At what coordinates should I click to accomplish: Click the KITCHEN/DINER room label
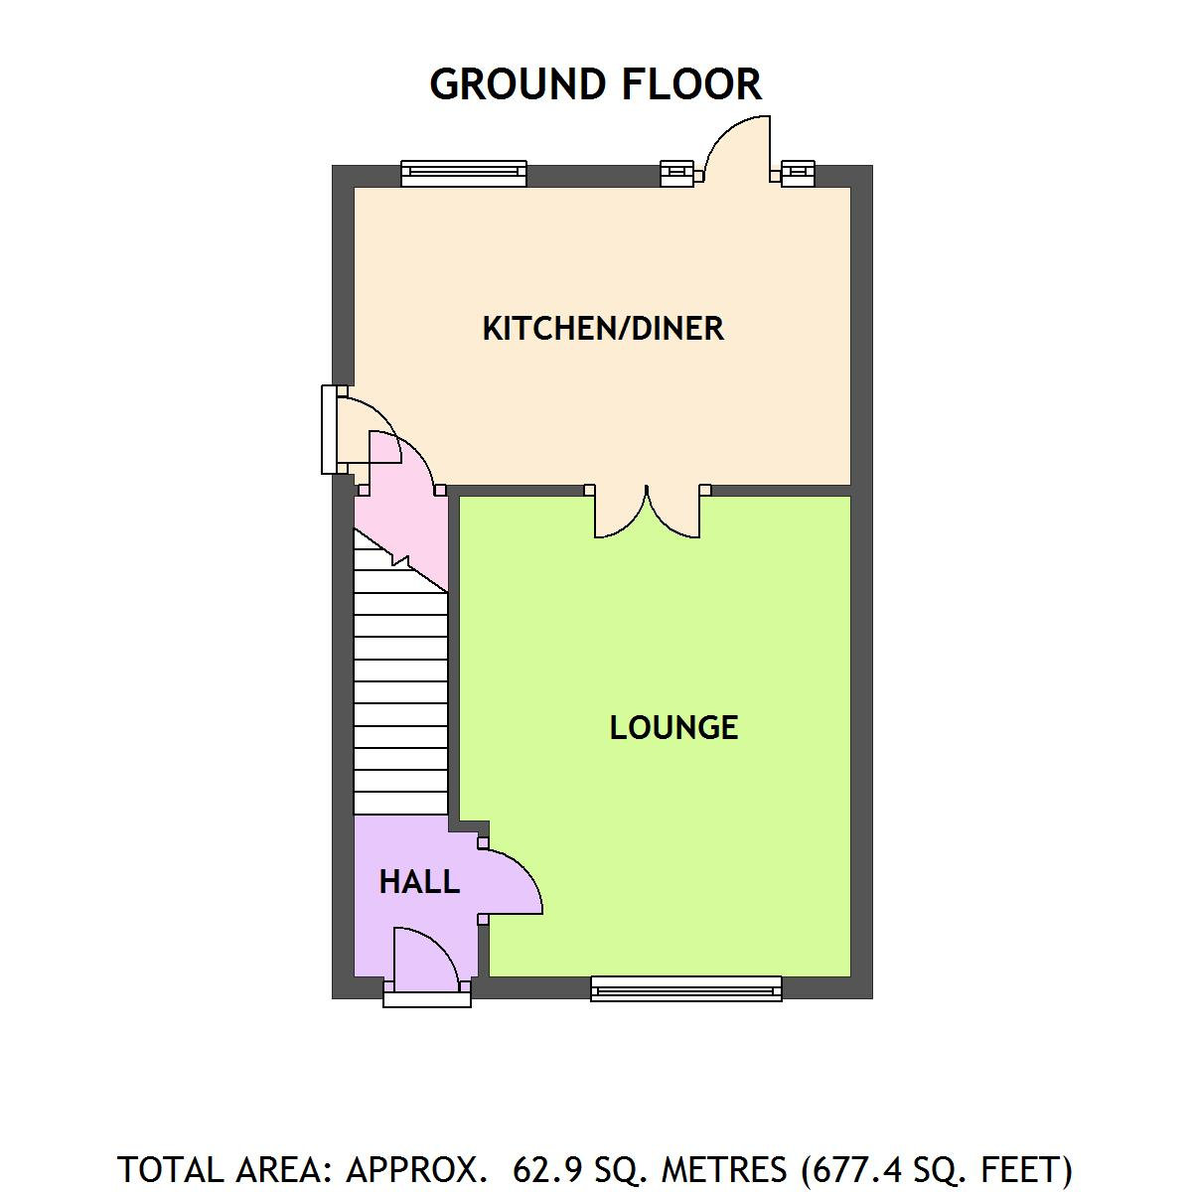click(x=603, y=329)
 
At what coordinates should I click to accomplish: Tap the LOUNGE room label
click(x=673, y=728)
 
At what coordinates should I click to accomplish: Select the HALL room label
click(x=419, y=882)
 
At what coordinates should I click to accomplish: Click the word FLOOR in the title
click(x=692, y=84)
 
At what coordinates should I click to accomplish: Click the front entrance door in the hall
click(x=425, y=962)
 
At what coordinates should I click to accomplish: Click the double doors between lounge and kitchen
click(x=647, y=513)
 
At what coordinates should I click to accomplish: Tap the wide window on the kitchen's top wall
click(x=464, y=174)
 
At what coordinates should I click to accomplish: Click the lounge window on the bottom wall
click(x=685, y=988)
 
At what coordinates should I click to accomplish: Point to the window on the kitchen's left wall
click(x=328, y=429)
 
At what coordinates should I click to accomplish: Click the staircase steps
click(x=400, y=695)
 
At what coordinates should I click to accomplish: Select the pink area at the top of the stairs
click(x=397, y=517)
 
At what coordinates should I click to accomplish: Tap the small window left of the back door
click(x=678, y=174)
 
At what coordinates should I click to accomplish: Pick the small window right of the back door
click(x=798, y=174)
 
